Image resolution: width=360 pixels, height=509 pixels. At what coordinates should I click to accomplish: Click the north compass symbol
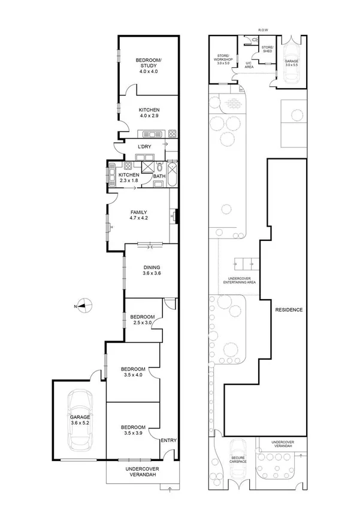[84, 306]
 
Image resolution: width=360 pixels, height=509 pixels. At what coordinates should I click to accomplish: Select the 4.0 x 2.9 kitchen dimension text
[149, 116]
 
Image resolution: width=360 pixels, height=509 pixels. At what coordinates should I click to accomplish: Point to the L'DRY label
[144, 147]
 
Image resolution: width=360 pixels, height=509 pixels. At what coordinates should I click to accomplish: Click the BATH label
[159, 176]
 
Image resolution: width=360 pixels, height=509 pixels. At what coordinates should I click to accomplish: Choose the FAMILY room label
[138, 212]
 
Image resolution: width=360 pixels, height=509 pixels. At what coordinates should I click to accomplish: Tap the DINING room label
[151, 267]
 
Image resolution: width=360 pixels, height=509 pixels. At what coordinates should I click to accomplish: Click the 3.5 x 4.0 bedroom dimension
[133, 375]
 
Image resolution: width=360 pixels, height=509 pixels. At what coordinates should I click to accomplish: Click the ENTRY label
[168, 441]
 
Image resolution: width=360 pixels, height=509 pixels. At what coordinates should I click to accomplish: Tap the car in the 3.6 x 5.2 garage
[80, 420]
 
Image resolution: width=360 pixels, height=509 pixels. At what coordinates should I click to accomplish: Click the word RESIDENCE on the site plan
[289, 310]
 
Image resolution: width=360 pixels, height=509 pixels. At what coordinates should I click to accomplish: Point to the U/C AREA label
[249, 65]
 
